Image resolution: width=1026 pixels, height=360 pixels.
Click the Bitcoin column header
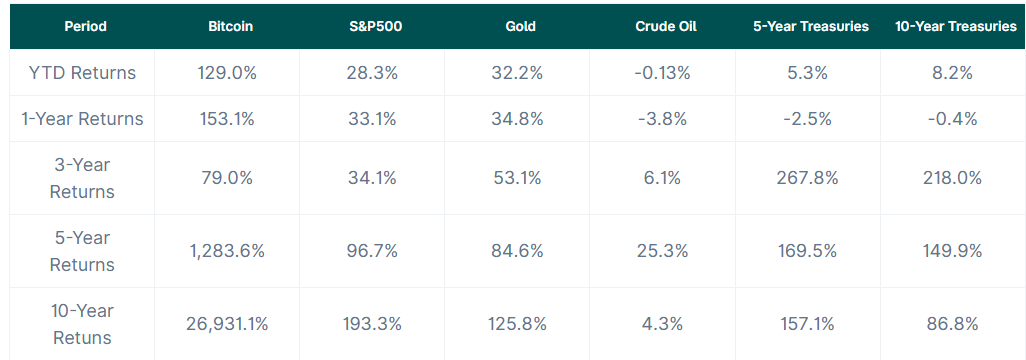coord(230,27)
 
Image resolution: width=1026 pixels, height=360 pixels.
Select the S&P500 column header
coord(372,27)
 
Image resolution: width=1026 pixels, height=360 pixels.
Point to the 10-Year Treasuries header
coord(955,27)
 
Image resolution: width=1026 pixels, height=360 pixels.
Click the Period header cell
coord(85,27)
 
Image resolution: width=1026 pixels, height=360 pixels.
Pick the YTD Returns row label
coord(82,73)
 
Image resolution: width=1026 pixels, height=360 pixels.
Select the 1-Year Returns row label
coord(82,118)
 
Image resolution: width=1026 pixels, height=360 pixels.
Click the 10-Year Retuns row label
coord(82,324)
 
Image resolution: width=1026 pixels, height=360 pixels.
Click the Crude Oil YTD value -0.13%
coord(662,73)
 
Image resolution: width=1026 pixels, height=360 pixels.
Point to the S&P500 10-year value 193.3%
coord(372,324)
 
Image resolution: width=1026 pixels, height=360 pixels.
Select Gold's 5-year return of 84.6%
coord(517,251)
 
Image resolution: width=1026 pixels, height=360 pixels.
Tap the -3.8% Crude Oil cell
coord(662,118)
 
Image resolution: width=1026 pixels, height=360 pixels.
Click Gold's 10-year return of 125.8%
coord(517,324)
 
